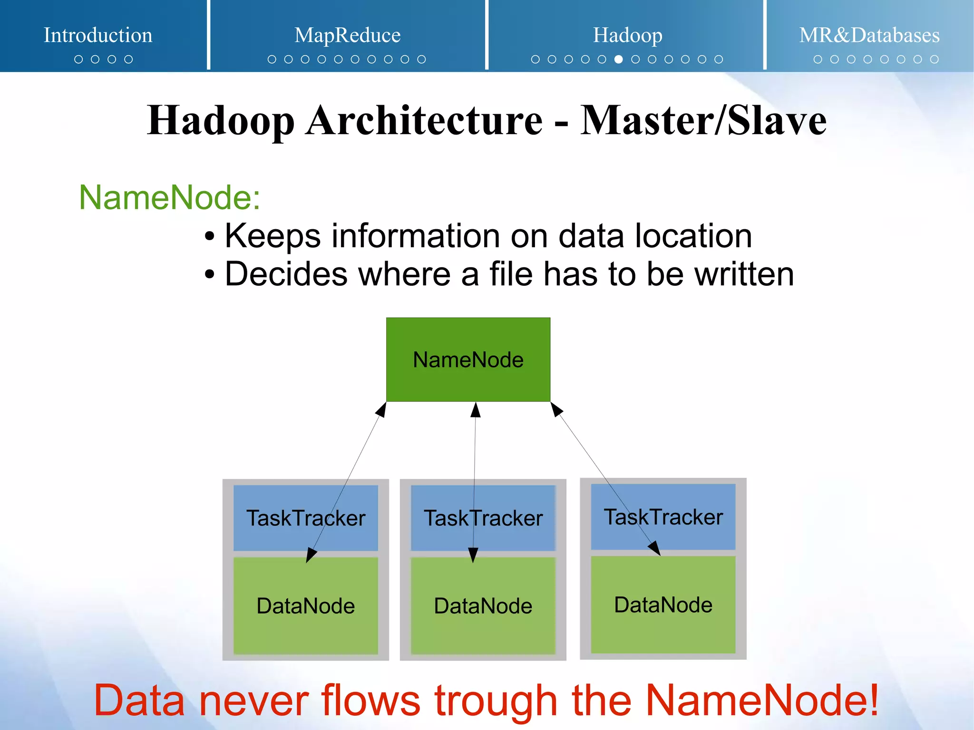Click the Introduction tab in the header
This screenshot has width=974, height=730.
click(98, 35)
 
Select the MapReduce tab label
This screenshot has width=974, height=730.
click(347, 35)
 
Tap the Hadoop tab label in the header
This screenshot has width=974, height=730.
click(627, 35)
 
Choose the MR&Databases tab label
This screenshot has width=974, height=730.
click(869, 35)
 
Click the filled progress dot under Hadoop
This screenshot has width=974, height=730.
click(618, 59)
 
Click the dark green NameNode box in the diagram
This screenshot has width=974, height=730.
click(468, 360)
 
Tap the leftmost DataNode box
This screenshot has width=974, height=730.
click(305, 606)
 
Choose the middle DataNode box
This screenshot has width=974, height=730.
click(483, 606)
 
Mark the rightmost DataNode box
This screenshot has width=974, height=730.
click(663, 605)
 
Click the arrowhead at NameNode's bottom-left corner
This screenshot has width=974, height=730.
click(381, 410)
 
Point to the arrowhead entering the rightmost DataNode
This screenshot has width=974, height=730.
click(655, 548)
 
